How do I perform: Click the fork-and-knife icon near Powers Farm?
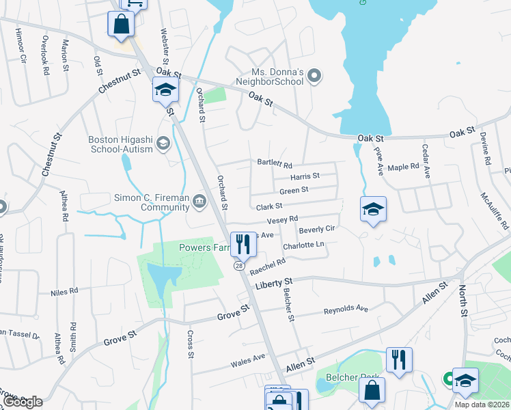point(241,244)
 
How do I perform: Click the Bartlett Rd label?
point(275,165)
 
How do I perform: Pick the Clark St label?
point(269,206)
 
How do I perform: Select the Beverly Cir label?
point(316,229)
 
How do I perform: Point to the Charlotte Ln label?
point(303,245)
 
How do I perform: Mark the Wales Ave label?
point(248,358)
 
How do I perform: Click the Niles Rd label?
point(64,292)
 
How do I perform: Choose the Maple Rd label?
point(402,167)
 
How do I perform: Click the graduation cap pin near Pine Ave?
point(373,209)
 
